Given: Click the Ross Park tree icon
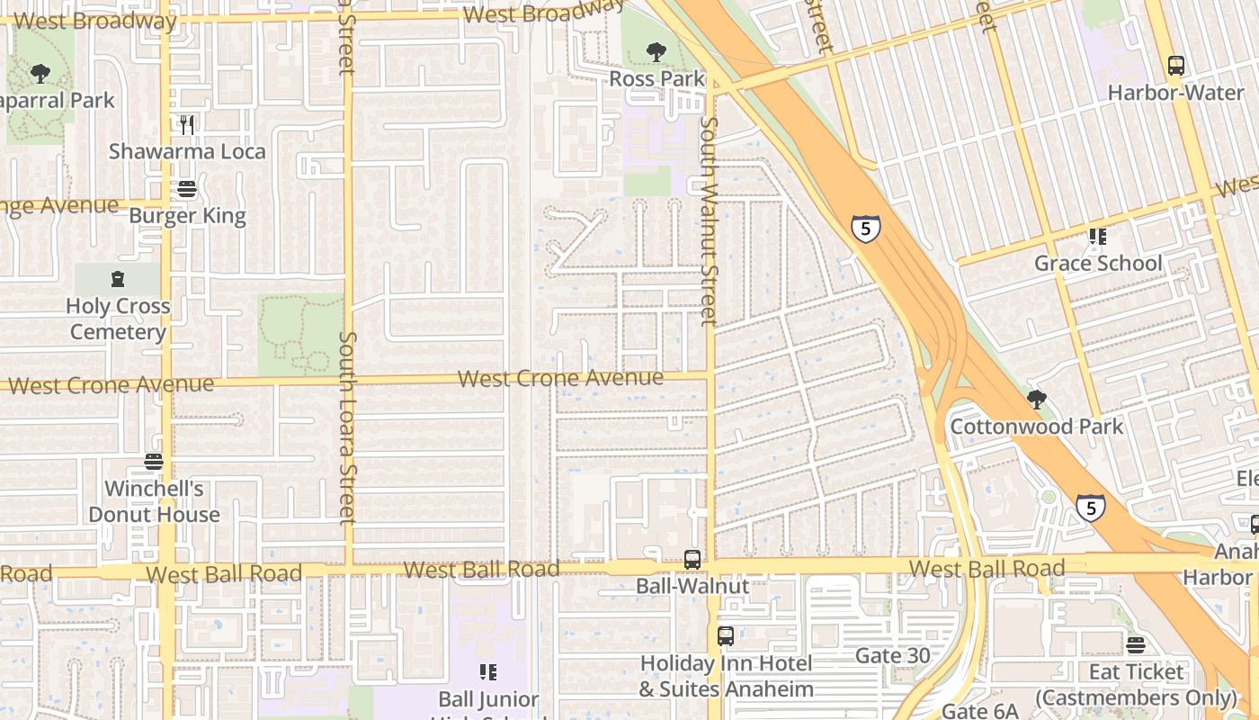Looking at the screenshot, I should click(x=656, y=52).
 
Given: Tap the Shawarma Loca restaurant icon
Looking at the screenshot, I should click(x=187, y=124).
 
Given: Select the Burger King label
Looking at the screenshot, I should click(x=187, y=216).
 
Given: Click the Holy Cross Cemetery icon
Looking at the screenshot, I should click(x=118, y=279).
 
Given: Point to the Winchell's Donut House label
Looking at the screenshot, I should click(x=154, y=502).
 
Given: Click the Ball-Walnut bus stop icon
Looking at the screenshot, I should click(x=692, y=559).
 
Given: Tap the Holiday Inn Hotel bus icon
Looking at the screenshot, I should click(x=726, y=636).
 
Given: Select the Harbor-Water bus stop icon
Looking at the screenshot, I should click(x=1175, y=66).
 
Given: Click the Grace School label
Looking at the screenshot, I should click(x=1098, y=264).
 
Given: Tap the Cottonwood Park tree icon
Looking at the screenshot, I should click(x=1037, y=400).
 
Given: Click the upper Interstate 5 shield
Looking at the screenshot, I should click(x=865, y=229).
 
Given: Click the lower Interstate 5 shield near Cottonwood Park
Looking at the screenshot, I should click(x=1091, y=508).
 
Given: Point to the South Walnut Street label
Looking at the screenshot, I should click(x=709, y=220).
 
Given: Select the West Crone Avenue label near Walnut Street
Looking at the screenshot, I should click(x=560, y=378).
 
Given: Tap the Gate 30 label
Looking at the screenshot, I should click(x=892, y=656).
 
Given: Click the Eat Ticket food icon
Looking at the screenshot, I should click(x=1136, y=645).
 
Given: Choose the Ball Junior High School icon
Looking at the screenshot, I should click(x=488, y=672).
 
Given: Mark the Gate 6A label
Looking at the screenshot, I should click(x=978, y=711).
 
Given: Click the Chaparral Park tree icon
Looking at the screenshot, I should click(x=40, y=74).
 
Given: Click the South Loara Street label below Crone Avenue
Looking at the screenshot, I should click(x=347, y=427).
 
